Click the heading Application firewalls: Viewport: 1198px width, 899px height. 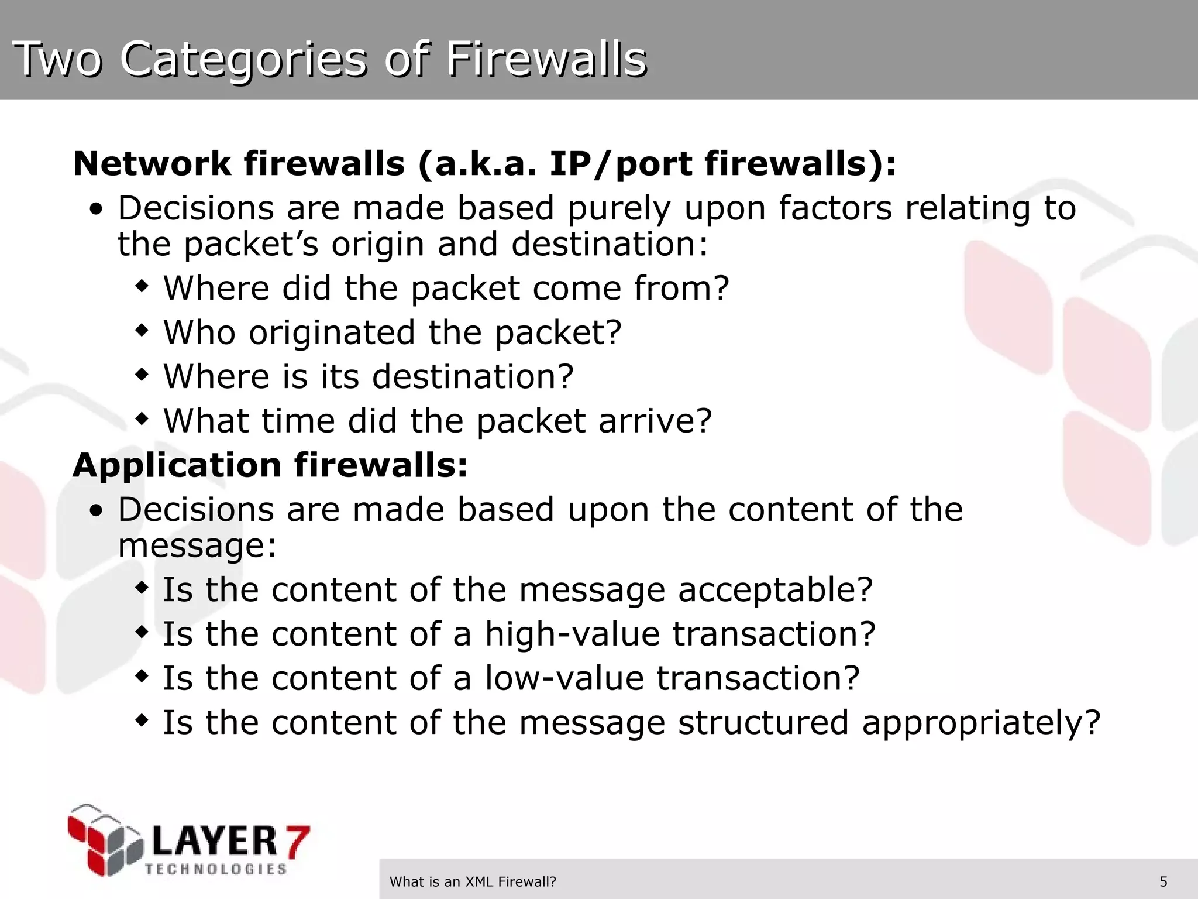pos(270,465)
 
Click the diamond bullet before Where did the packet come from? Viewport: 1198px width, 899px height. pos(142,287)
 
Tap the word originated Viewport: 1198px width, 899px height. pos(332,332)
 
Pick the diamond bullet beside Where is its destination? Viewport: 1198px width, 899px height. pos(142,375)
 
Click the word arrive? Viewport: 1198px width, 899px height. pos(655,421)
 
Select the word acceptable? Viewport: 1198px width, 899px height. pos(775,590)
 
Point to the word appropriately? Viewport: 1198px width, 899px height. pos(982,723)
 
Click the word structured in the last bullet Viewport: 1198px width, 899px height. pos(763,723)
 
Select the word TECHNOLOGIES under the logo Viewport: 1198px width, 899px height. pos(216,869)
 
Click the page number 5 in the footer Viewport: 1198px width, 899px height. pos(1163,881)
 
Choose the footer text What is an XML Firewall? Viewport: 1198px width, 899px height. pos(473,881)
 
